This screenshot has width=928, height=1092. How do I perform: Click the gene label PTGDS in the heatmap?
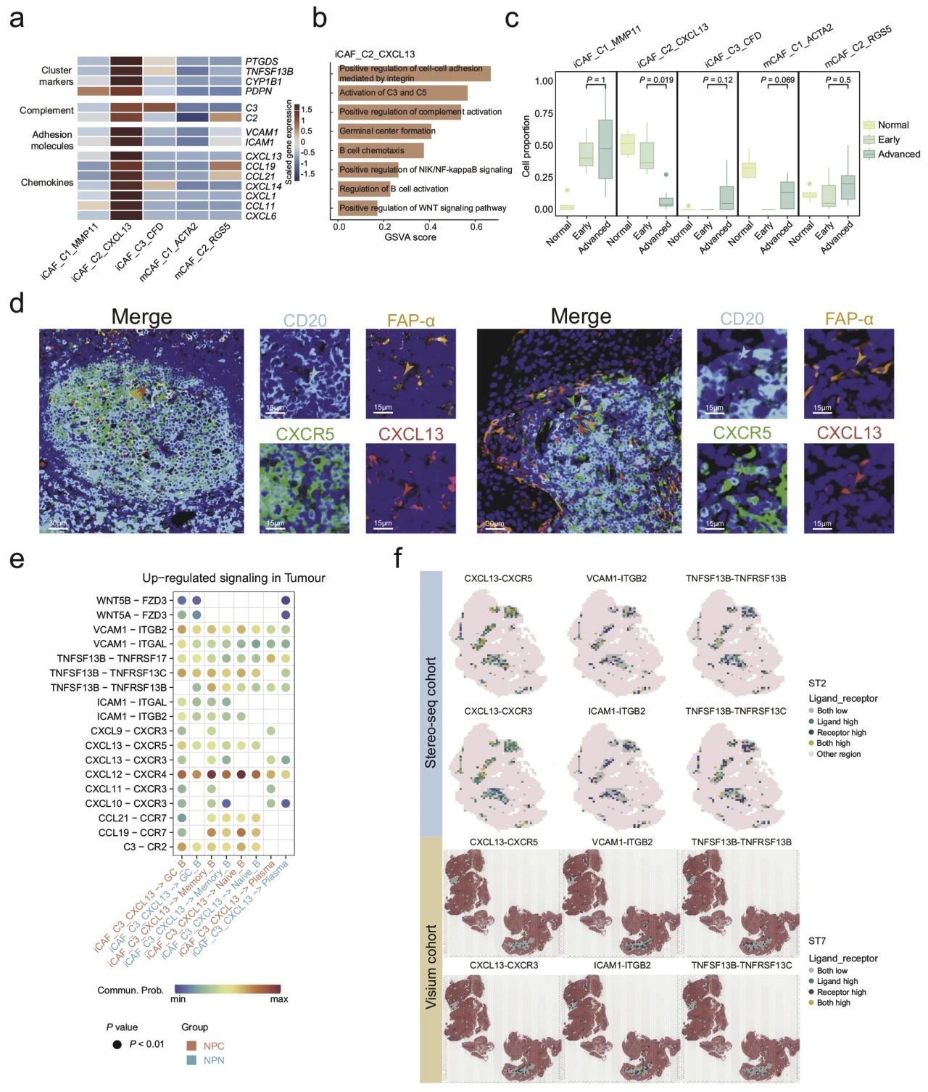pos(261,62)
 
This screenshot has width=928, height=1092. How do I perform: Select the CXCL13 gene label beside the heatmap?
pos(263,156)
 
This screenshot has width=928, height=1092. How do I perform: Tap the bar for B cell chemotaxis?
pos(381,150)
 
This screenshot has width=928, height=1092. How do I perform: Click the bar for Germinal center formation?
pos(385,131)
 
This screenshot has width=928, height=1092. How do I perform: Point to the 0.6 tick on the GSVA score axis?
pos(476,227)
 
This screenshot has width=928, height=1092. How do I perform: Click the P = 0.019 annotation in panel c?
pos(656,80)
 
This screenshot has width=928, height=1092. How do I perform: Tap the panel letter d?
pos(16,303)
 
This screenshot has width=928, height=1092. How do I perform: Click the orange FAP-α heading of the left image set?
pos(410,320)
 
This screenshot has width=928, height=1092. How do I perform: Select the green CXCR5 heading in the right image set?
pos(742,433)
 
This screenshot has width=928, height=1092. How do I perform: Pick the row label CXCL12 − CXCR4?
pos(125,774)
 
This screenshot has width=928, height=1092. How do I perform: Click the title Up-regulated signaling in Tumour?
pos(233,578)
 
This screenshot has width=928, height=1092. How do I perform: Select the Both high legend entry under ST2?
pos(833,743)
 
